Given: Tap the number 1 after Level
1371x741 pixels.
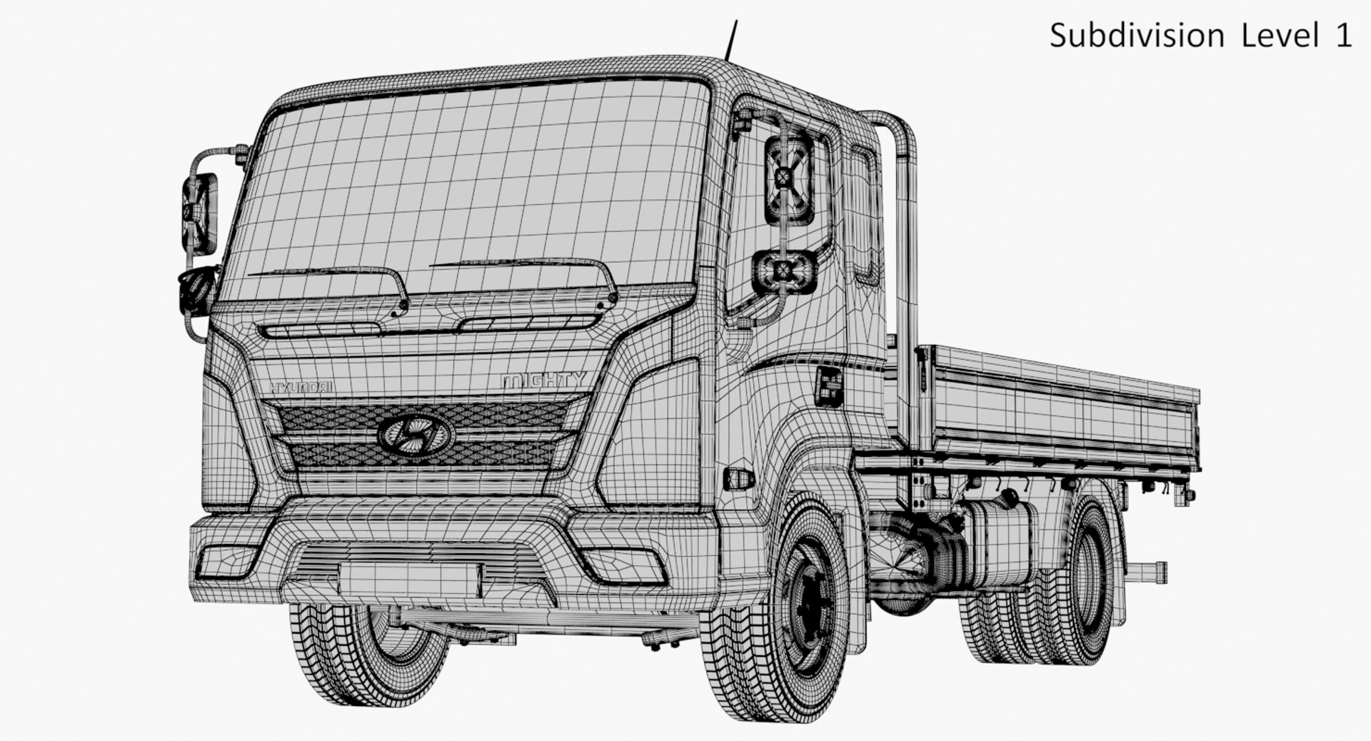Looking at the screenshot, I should pyautogui.click(x=1342, y=36).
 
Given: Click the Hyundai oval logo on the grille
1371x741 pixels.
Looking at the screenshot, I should pyautogui.click(x=415, y=433).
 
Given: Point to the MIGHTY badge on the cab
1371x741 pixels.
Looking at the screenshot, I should pyautogui.click(x=543, y=380).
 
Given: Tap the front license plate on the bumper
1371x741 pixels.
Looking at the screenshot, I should pyautogui.click(x=409, y=580).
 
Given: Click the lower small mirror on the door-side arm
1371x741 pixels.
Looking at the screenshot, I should pyautogui.click(x=784, y=271).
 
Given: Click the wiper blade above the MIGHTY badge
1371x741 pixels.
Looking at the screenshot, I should pyautogui.click(x=521, y=264).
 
